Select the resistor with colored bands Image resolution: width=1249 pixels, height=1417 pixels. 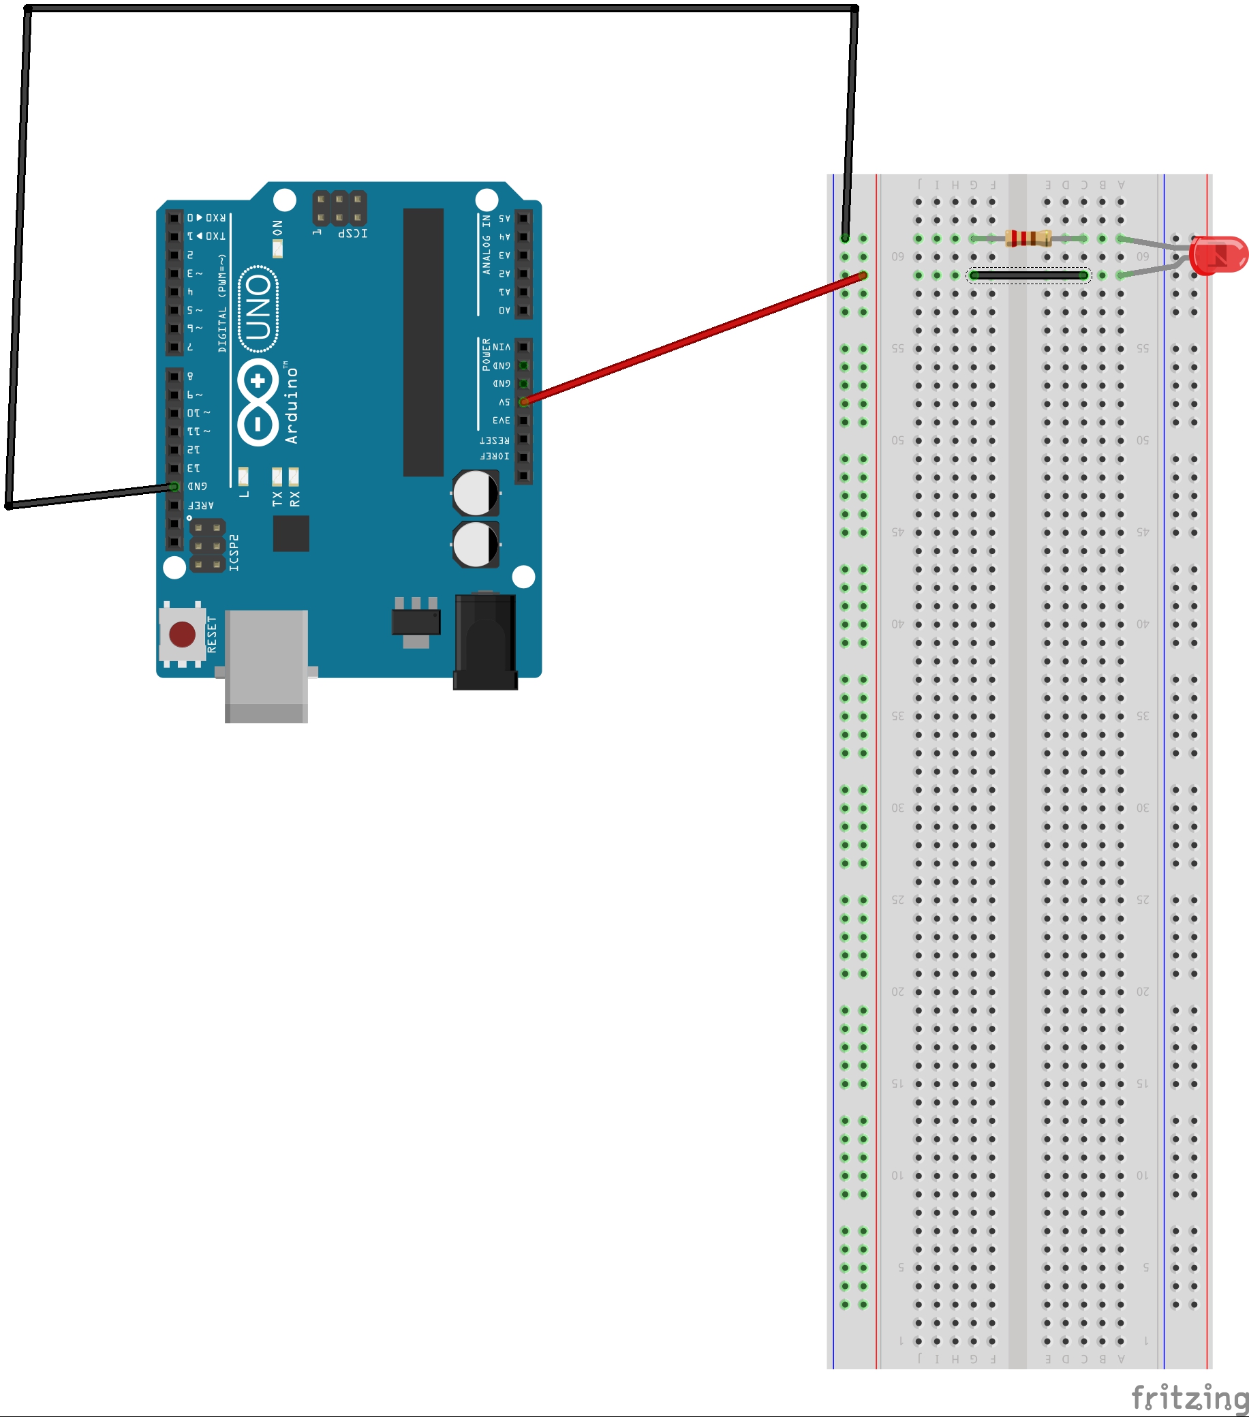(1028, 239)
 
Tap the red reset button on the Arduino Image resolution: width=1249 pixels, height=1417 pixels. (183, 634)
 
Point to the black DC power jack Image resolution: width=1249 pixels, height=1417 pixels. (485, 641)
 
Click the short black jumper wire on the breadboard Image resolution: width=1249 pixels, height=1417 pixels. (1028, 276)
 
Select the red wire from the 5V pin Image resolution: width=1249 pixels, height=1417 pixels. (693, 338)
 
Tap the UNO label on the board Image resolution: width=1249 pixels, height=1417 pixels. (258, 308)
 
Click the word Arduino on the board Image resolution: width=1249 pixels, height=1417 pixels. (291, 406)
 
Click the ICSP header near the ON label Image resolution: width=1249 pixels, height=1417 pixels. (339, 207)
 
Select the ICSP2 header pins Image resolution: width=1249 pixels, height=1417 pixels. (207, 545)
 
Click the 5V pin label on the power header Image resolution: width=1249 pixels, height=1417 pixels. (504, 402)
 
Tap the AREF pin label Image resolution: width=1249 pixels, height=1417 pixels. (201, 505)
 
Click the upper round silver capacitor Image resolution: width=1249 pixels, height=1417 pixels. (476, 493)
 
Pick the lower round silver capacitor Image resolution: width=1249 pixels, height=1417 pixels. (476, 544)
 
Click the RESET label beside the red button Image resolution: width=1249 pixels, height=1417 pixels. (212, 634)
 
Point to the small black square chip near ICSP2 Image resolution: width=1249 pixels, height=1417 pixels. (291, 533)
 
